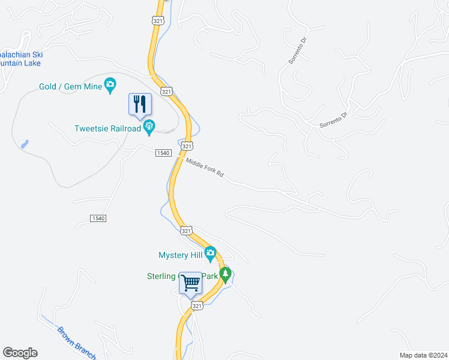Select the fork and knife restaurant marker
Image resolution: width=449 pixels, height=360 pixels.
140,104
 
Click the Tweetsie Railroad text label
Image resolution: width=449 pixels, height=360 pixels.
107,128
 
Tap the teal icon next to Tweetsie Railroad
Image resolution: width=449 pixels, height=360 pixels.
149,127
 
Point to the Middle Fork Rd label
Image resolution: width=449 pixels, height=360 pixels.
205,169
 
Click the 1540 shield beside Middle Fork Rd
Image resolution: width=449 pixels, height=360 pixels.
163,153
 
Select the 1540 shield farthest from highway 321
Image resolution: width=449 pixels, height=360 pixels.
99,218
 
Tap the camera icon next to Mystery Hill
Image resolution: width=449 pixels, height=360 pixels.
209,254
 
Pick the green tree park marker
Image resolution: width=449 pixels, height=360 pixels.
225,276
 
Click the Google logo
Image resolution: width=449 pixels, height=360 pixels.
20,353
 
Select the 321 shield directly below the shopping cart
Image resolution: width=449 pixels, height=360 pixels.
197,306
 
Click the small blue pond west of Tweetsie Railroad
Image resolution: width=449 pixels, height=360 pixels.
24,144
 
